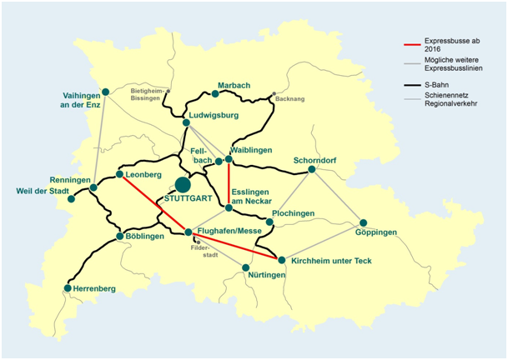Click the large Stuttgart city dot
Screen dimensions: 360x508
pyautogui.click(x=183, y=184)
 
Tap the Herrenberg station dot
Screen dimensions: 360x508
pyautogui.click(x=68, y=288)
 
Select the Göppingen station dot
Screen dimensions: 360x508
pyautogui.click(x=364, y=222)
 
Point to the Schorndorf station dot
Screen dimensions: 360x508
pyautogui.click(x=311, y=169)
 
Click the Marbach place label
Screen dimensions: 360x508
pyautogui.click(x=234, y=85)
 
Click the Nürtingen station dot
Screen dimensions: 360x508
pyautogui.click(x=246, y=267)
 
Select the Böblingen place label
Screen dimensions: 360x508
pyautogui.click(x=148, y=237)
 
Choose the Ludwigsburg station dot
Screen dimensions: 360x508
pyautogui.click(x=186, y=122)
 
